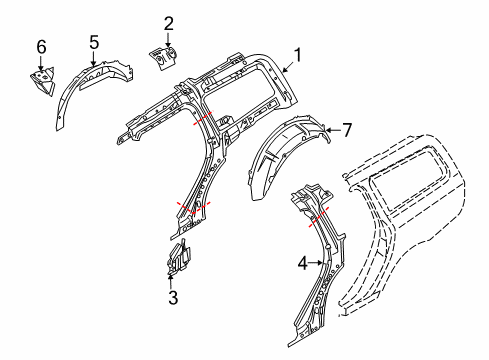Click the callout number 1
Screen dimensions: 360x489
tap(296, 55)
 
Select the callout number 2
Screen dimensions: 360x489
tap(168, 22)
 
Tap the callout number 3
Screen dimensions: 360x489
tap(172, 297)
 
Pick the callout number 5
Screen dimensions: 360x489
tap(94, 42)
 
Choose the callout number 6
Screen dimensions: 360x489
tap(41, 46)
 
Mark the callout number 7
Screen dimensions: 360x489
tap(347, 129)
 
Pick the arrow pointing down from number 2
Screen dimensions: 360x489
tap(168, 38)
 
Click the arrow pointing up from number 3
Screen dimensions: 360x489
tap(172, 280)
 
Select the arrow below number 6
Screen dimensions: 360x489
tap(41, 61)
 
